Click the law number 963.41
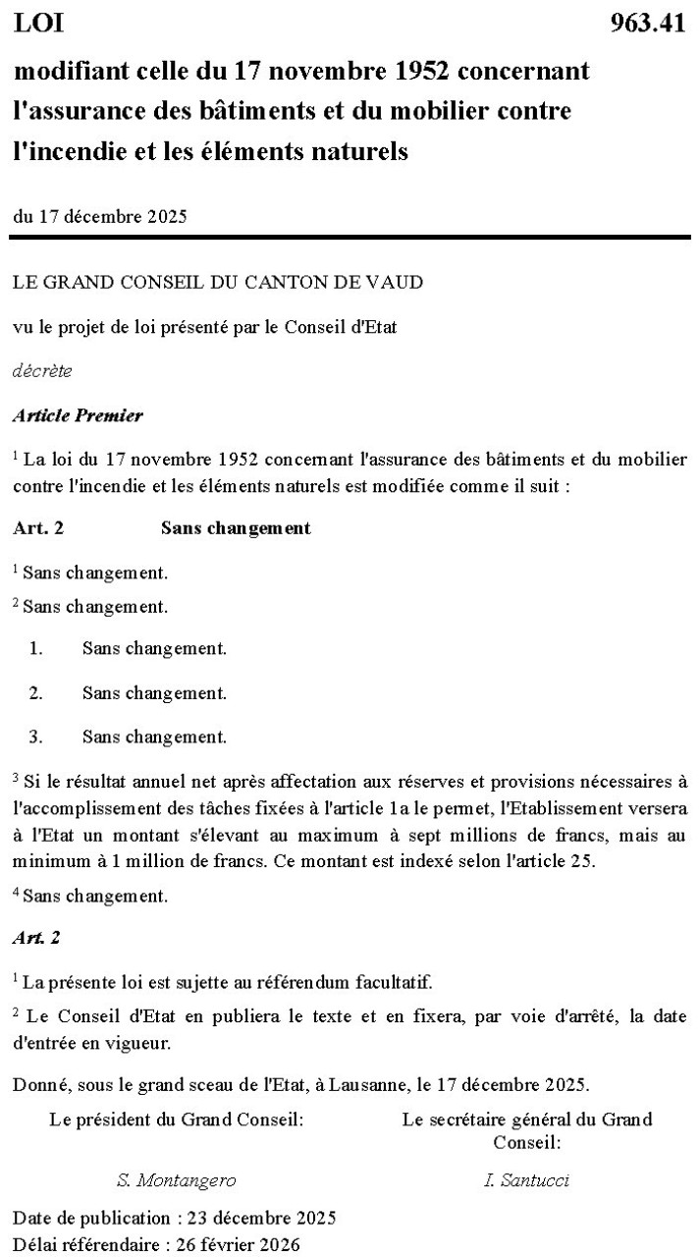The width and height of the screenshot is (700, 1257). coord(647,24)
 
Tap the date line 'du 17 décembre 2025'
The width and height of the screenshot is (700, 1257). coord(99,217)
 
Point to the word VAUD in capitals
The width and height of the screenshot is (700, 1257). coord(397,283)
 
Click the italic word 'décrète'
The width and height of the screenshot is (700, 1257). coord(42,371)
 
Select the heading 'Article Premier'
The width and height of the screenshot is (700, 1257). coord(78,415)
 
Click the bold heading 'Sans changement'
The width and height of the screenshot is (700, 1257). coord(236,528)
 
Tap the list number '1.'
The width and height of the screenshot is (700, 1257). coord(36,648)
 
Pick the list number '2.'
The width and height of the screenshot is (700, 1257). coord(36,692)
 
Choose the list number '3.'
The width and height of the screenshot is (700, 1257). coord(36,737)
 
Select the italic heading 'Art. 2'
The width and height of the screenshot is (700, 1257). coord(36,938)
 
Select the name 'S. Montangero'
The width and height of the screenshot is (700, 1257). coord(176,1180)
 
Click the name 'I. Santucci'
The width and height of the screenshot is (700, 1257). coord(526,1180)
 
